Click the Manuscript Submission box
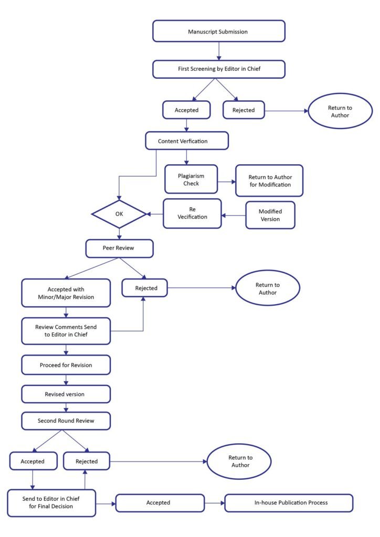click(x=219, y=31)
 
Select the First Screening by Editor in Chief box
click(x=219, y=69)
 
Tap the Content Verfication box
click(x=187, y=141)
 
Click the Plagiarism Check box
click(x=191, y=179)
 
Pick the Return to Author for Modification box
click(x=269, y=180)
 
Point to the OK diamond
click(x=119, y=214)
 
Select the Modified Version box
click(x=270, y=215)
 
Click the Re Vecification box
click(x=192, y=213)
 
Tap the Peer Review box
click(x=119, y=248)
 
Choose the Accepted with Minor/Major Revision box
click(x=66, y=293)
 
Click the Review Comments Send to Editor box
click(x=66, y=331)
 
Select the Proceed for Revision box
click(x=66, y=365)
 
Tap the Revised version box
click(x=66, y=394)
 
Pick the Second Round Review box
click(x=66, y=421)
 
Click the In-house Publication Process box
click(x=289, y=503)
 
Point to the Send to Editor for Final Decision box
click(x=51, y=503)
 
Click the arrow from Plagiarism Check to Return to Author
click(x=227, y=181)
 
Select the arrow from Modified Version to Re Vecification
click(x=234, y=216)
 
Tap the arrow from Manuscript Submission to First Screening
click(x=219, y=51)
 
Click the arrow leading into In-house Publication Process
click(x=215, y=503)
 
